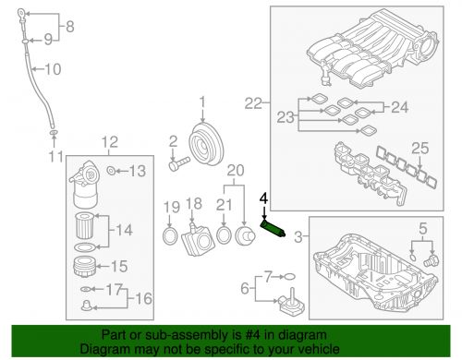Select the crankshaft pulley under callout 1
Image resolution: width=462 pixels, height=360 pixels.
(x=203, y=145)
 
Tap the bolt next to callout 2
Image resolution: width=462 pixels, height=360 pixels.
(x=180, y=167)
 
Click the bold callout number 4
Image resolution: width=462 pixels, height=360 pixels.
(x=263, y=198)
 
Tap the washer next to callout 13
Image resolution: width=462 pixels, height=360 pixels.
(x=110, y=171)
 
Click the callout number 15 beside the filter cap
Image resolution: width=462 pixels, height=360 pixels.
(x=118, y=267)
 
